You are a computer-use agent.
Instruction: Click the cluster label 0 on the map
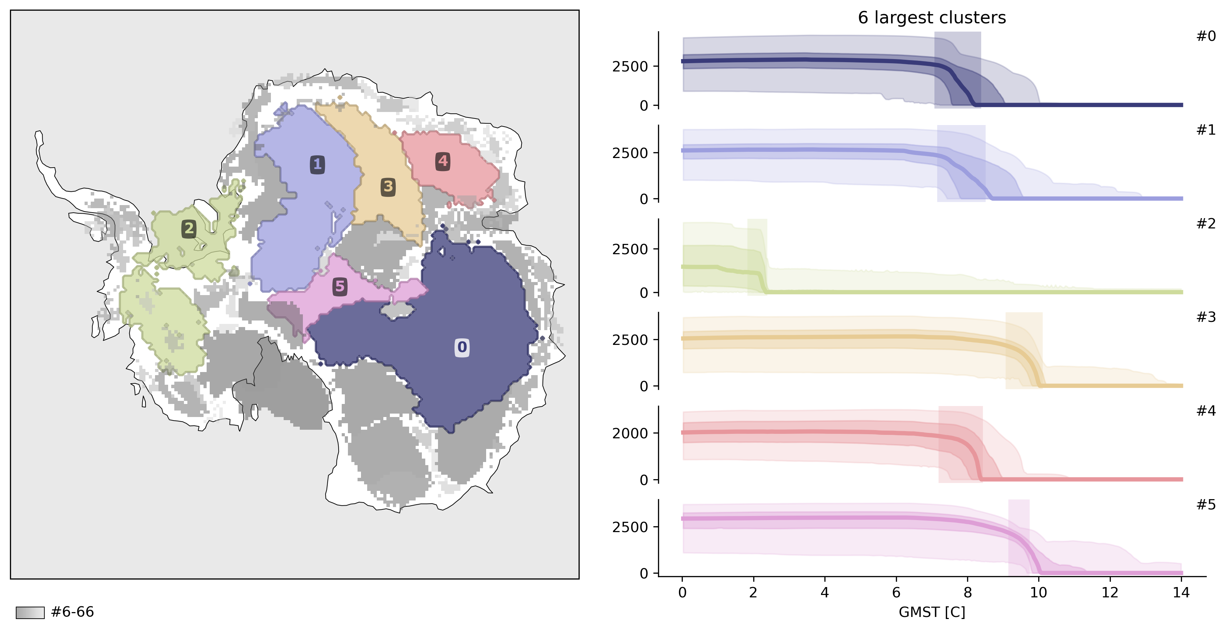pos(462,347)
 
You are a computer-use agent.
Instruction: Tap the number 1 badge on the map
pos(317,165)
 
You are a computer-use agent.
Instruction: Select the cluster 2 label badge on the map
pos(189,229)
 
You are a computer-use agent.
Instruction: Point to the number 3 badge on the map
pos(388,187)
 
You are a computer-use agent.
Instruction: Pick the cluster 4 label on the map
pos(443,161)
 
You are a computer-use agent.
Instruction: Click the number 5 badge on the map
pos(340,286)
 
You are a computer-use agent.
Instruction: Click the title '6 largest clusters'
pos(932,18)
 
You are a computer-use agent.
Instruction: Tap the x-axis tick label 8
pos(967,593)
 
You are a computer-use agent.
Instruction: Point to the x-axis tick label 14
pos(1181,593)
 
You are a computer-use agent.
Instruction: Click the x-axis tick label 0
pos(682,593)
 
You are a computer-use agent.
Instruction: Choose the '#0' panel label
pos(1206,36)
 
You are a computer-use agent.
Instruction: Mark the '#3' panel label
pos(1206,317)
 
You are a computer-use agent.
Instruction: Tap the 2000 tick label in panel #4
pos(630,434)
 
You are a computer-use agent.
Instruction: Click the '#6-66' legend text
pos(73,612)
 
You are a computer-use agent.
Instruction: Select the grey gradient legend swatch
pos(30,612)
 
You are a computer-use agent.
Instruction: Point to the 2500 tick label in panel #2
pos(630,249)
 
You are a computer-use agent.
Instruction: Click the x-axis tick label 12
pos(1110,593)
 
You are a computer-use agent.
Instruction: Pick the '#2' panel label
pos(1206,224)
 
